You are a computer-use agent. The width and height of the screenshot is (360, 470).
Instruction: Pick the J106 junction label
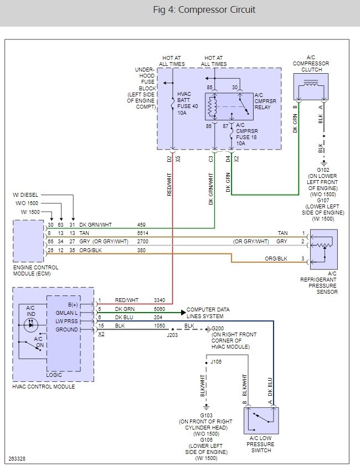tap(217, 361)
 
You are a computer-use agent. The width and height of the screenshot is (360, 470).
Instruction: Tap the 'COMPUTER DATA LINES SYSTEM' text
tap(208, 313)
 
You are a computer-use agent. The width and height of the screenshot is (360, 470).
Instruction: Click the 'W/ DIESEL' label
tap(26, 195)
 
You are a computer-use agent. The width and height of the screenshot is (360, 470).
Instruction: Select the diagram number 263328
tap(17, 459)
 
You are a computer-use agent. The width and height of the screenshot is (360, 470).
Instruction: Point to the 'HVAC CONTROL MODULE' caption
tap(43, 386)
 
